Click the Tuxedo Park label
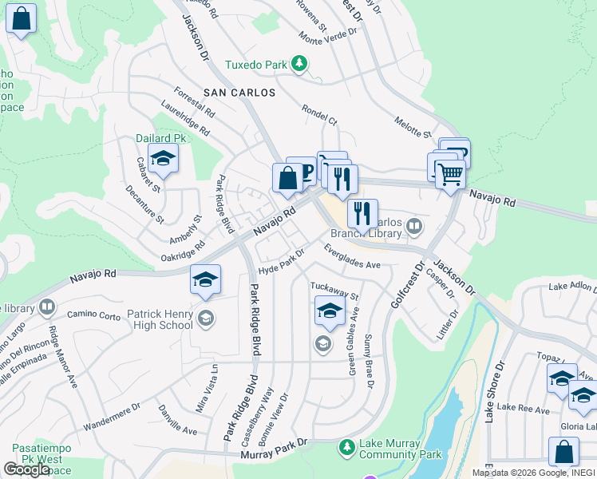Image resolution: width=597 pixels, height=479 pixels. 255,64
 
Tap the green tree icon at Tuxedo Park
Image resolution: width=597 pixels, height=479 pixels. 299,63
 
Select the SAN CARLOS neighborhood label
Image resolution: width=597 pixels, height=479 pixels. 239,93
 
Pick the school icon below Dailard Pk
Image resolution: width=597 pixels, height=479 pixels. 163,160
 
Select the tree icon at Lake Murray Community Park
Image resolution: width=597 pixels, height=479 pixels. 346,446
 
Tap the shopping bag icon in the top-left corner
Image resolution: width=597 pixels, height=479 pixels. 22,18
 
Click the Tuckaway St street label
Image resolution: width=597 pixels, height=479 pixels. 335,291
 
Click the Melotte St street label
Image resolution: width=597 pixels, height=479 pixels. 413,125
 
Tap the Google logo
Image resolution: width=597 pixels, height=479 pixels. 26,469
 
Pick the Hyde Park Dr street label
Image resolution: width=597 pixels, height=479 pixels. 281,261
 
